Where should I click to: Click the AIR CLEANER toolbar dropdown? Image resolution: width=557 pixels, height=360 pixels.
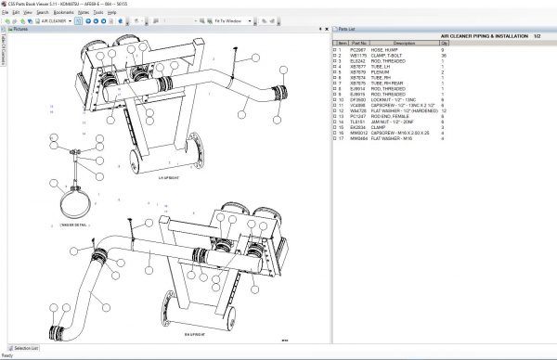[x=56, y=19]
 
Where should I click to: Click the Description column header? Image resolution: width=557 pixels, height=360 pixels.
[x=405, y=43]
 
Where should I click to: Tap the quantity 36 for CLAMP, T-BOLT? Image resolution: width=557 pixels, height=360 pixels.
[x=444, y=55]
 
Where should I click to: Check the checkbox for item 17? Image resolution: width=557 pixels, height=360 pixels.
[x=335, y=138]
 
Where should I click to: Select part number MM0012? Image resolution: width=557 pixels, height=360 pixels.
[x=358, y=133]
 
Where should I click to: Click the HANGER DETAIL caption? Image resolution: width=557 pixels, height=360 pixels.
[x=71, y=224]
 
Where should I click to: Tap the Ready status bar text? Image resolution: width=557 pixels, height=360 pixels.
[x=7, y=355]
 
